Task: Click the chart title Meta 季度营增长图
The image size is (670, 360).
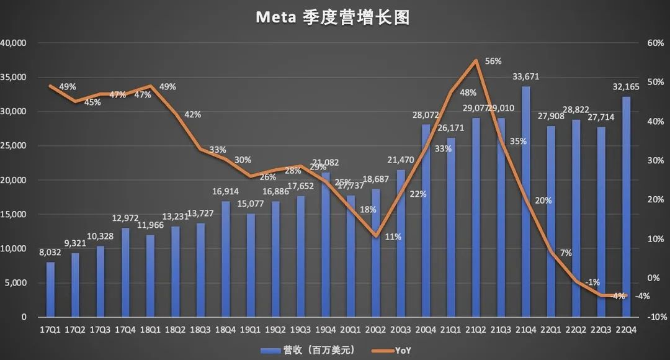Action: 334,18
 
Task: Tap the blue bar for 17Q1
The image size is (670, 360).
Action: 50,289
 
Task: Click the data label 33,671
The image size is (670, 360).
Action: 525,77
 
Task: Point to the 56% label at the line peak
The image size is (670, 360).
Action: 493,61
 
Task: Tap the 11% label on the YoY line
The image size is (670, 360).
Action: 392,236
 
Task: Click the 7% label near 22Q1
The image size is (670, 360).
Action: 565,253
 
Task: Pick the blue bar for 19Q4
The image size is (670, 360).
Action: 325,245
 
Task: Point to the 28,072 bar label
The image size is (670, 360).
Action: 426,115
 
